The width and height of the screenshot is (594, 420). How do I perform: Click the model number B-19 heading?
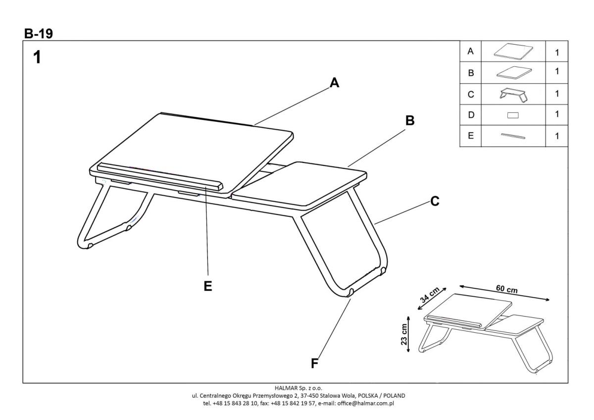click(39, 33)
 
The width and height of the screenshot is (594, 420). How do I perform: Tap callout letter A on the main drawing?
click(335, 83)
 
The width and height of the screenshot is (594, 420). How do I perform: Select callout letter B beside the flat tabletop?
click(410, 120)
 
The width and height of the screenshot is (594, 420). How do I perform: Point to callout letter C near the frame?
click(435, 202)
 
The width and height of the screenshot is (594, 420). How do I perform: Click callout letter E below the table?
click(208, 286)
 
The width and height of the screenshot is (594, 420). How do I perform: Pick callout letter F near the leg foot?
click(314, 364)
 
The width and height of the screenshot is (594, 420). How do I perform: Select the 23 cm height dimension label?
click(404, 335)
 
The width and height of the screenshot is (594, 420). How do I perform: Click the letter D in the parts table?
click(471, 115)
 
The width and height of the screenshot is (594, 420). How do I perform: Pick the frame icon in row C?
click(514, 94)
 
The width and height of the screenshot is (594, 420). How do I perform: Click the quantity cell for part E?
click(557, 136)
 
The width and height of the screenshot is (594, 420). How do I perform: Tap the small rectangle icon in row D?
click(513, 115)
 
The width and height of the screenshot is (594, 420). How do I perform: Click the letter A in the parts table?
click(471, 51)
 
